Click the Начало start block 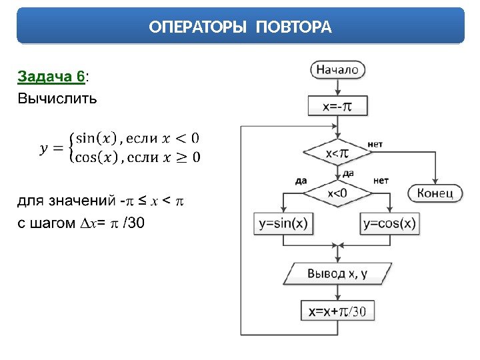[337, 69]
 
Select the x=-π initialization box [337, 105]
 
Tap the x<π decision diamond [337, 154]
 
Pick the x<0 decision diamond [337, 193]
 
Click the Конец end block [435, 193]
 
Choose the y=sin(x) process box [283, 223]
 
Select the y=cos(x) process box [390, 223]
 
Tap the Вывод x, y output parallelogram [337, 273]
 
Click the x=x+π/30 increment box [337, 311]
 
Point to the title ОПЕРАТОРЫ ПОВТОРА [240, 27]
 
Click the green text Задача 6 [51, 78]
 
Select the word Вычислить [57, 99]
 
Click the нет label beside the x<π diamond [375, 144]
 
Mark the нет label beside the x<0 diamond [381, 180]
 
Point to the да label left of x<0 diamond [301, 180]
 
